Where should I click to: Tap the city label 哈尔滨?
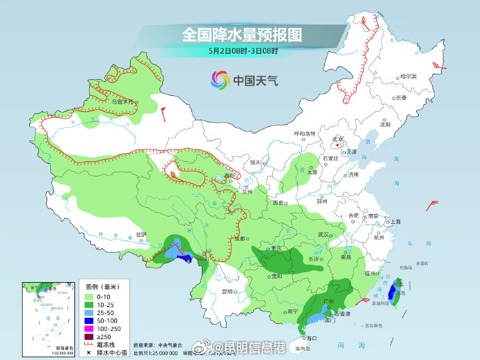point(408,76)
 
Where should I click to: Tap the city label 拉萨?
point(141,234)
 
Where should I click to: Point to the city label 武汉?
point(323,235)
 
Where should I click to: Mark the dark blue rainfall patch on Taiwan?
point(393,292)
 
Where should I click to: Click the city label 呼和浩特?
point(305,133)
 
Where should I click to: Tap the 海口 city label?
point(303,338)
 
